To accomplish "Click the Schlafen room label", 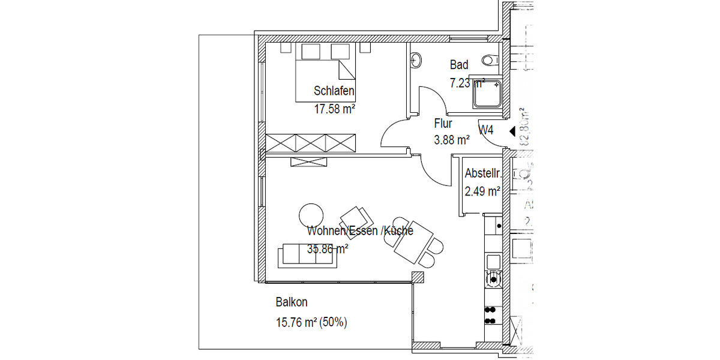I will [334, 92].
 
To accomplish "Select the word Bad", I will [459, 65].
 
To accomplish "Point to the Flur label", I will [443, 124].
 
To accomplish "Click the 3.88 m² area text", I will [451, 140].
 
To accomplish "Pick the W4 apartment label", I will [486, 130].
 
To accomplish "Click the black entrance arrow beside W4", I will [512, 131].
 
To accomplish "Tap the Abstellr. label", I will [483, 175].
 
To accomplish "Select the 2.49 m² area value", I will [482, 192].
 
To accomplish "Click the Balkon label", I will [292, 302].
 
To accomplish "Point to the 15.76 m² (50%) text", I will [311, 323].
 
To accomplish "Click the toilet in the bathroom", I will [490, 61].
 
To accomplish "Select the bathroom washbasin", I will [415, 59].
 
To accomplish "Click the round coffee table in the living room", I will [311, 214].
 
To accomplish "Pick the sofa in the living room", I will [307, 257].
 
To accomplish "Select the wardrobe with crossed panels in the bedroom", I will [311, 143].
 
